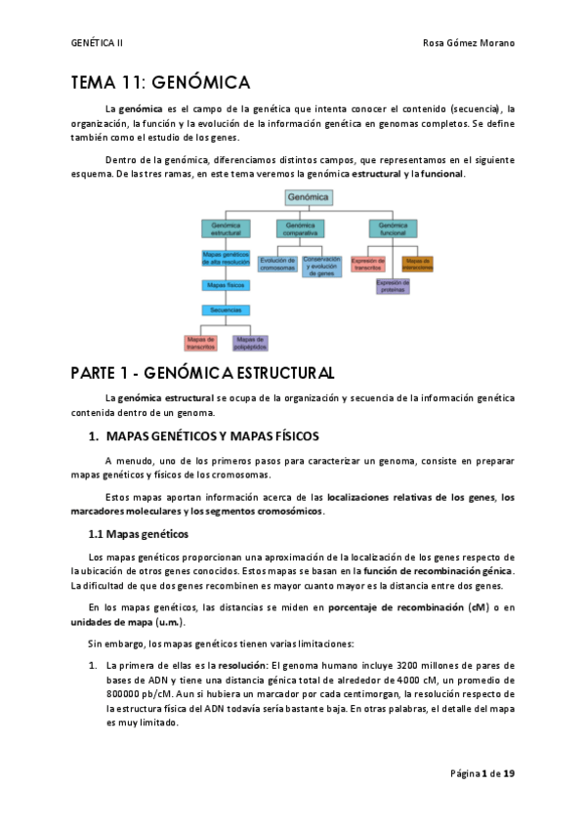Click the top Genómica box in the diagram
pyautogui.click(x=309, y=197)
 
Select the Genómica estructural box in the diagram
pyautogui.click(x=226, y=229)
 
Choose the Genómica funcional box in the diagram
pyautogui.click(x=393, y=229)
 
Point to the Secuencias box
pyautogui.click(x=226, y=310)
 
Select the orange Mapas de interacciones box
pyautogui.click(x=417, y=263)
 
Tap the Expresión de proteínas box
pyautogui.click(x=393, y=285)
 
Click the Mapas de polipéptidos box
pyautogui.click(x=250, y=342)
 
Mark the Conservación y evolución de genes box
pyautogui.click(x=321, y=266)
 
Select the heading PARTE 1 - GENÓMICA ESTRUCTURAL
pyautogui.click(x=202, y=373)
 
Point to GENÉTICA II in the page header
pyautogui.click(x=98, y=43)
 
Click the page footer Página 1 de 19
pyautogui.click(x=482, y=773)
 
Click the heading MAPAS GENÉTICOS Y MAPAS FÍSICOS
pyautogui.click(x=211, y=435)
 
